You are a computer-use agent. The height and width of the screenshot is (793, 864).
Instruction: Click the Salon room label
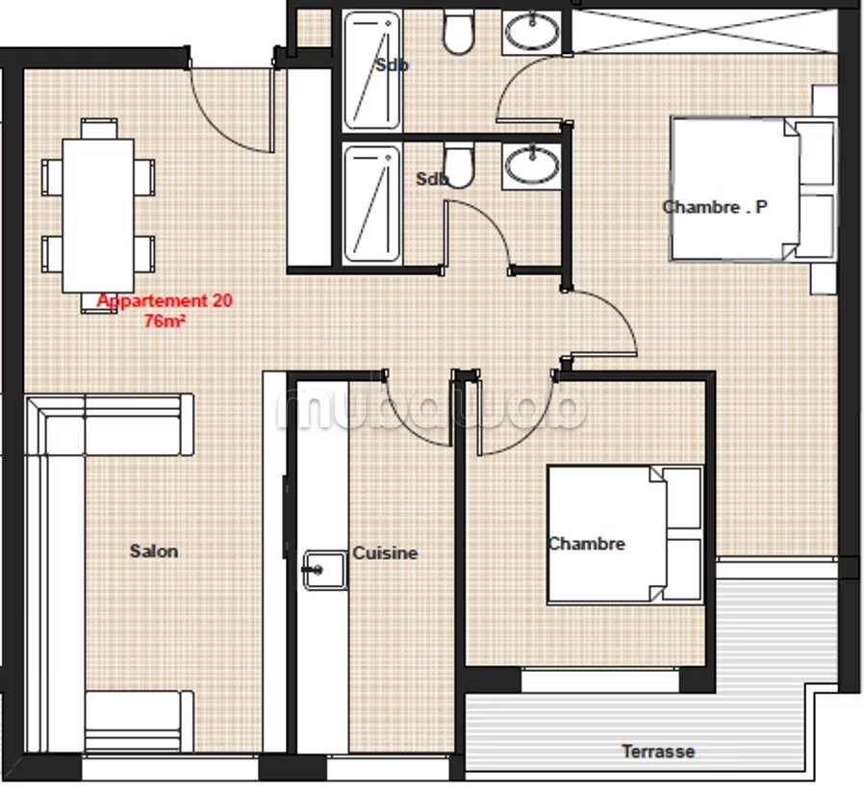154,551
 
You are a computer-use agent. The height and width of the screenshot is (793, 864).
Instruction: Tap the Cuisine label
385,552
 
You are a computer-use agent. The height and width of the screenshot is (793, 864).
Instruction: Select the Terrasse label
658,751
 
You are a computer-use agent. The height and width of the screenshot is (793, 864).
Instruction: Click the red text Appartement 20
165,301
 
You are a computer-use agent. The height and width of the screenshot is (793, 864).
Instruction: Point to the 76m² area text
165,320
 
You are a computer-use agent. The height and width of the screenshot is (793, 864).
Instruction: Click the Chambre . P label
715,207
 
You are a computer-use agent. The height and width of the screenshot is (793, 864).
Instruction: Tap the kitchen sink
325,570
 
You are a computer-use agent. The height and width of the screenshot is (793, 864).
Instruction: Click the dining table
98,216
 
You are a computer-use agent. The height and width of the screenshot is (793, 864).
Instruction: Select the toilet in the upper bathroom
458,33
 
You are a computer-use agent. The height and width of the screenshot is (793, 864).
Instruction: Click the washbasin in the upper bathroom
532,32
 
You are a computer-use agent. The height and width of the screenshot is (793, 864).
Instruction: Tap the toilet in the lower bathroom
459,166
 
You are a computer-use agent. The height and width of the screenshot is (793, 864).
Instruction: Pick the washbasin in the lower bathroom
532,166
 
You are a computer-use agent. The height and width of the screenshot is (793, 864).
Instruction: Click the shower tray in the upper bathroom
372,70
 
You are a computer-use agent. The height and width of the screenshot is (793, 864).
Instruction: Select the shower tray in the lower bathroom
372,204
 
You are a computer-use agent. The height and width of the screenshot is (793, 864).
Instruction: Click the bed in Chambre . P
753,189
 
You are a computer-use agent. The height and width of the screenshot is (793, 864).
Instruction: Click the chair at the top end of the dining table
99,128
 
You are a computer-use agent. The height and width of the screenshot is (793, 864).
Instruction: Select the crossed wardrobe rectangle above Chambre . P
704,31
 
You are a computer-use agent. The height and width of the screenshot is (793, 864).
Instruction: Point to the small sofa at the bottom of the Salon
139,721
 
